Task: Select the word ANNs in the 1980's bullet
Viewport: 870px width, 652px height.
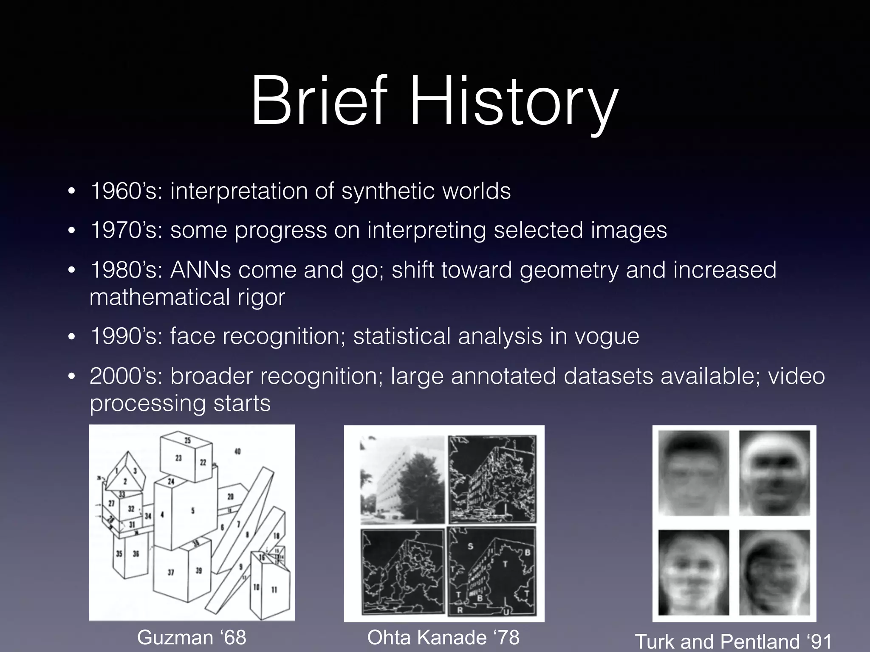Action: (x=201, y=270)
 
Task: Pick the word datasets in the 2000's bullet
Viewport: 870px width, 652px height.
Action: (x=608, y=376)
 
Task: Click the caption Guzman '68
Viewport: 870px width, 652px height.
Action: (x=192, y=637)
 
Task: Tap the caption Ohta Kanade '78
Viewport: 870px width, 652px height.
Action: (x=443, y=637)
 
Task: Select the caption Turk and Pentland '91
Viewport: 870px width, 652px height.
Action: (x=733, y=641)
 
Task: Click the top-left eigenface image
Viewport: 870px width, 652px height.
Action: (x=693, y=473)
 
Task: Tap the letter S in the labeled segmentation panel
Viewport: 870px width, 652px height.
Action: (x=470, y=546)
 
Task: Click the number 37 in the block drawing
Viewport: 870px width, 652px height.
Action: (x=171, y=572)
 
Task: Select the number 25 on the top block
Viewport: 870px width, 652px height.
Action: (x=187, y=440)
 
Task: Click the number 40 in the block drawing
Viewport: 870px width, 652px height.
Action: (x=237, y=451)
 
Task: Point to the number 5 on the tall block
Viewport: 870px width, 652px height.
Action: (x=192, y=511)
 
